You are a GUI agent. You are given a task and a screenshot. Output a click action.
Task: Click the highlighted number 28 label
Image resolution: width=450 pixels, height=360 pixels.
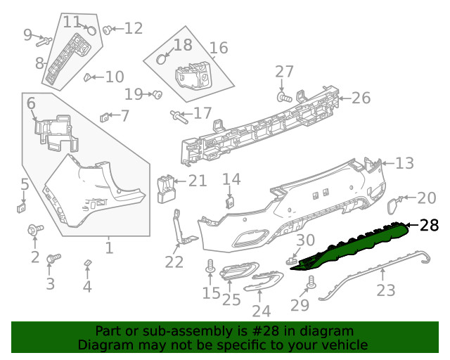tap(429, 226)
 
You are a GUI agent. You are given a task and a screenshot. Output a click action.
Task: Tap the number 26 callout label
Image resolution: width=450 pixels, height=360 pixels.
tap(361, 98)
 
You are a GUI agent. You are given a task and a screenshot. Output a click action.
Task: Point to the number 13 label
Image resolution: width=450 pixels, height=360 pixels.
tap(404, 164)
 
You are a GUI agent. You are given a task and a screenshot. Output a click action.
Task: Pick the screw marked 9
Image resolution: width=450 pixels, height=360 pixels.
tap(41, 40)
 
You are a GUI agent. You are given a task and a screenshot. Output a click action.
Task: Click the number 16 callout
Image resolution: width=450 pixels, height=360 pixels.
tap(219, 48)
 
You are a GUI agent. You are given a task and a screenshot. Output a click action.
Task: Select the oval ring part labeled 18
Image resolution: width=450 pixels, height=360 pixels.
tap(162, 58)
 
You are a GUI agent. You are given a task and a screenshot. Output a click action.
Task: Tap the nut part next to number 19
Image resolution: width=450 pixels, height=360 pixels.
tap(158, 94)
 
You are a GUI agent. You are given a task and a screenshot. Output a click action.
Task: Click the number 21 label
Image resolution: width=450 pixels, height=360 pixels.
tap(198, 181)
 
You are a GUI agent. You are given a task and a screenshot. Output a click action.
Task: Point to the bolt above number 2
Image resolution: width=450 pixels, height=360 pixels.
tap(33, 229)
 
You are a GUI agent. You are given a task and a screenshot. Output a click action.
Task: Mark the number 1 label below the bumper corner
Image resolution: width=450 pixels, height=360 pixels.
tap(109, 248)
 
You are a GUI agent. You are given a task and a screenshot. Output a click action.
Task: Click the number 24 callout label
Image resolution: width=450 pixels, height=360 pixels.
tap(261, 311)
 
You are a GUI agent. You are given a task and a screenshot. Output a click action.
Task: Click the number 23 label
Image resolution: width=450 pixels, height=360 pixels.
tap(386, 289)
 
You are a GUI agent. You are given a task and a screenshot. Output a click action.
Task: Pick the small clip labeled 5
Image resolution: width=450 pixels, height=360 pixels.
tap(22, 207)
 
